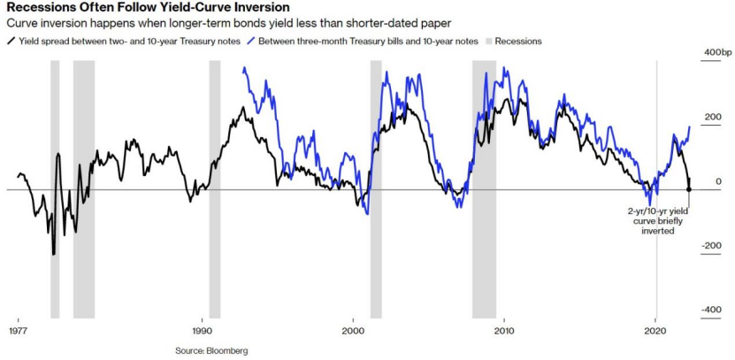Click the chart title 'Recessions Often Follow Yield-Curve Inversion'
(147, 8)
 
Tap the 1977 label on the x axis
(18, 330)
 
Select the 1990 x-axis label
(201, 330)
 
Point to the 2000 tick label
(353, 330)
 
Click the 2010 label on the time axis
(504, 330)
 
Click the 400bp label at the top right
(717, 53)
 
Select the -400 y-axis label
(711, 310)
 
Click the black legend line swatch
(10, 41)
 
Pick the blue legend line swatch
(252, 41)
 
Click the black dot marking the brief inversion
(688, 189)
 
